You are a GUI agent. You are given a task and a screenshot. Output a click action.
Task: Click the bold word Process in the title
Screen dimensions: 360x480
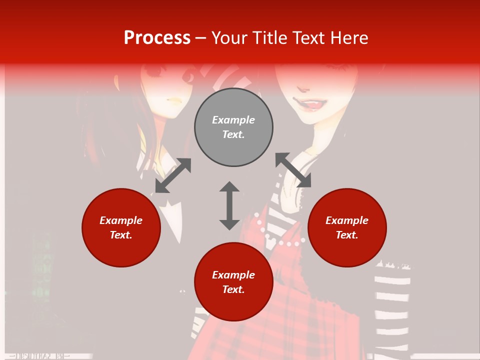[157, 38]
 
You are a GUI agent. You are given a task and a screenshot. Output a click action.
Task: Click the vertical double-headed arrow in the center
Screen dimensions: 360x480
[229, 205]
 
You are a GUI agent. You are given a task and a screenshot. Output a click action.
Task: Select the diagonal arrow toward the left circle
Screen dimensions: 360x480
[173, 175]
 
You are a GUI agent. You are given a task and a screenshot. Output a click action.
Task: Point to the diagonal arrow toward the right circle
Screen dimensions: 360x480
[293, 170]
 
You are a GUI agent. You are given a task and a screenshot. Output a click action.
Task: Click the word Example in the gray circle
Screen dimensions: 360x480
[233, 120]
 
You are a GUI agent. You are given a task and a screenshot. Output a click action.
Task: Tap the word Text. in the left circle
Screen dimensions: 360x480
[121, 235]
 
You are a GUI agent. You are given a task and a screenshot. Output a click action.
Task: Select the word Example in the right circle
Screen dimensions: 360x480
[347, 220]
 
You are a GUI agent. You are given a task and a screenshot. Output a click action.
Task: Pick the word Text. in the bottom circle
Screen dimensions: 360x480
[233, 289]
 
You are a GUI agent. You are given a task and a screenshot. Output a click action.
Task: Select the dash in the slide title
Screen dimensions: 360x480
[200, 38]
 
